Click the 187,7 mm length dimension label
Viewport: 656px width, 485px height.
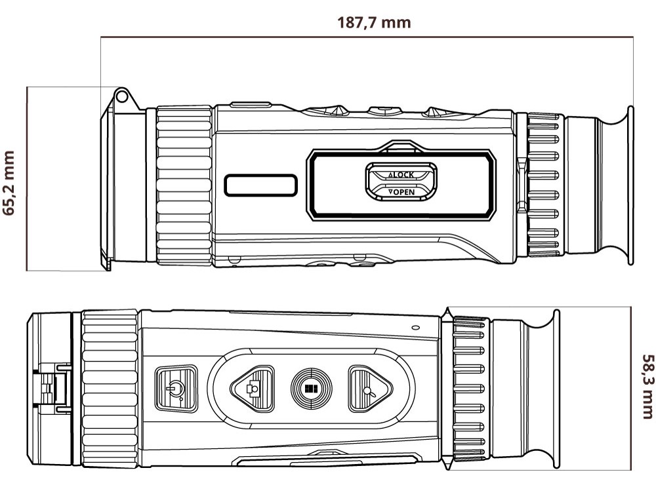point(374,22)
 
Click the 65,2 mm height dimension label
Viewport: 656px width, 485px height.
point(9,183)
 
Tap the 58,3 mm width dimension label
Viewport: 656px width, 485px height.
point(647,386)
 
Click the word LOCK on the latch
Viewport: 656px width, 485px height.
point(403,175)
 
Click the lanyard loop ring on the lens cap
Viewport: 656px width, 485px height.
point(121,96)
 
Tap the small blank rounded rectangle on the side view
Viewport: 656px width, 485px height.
point(260,185)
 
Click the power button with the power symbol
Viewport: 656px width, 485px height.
point(176,389)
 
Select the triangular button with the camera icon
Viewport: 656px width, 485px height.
point(253,389)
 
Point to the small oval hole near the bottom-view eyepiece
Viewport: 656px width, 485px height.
point(415,328)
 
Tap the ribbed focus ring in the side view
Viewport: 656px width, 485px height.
point(184,185)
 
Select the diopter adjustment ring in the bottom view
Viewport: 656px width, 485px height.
point(469,389)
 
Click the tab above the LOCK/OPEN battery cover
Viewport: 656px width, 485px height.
point(400,145)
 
